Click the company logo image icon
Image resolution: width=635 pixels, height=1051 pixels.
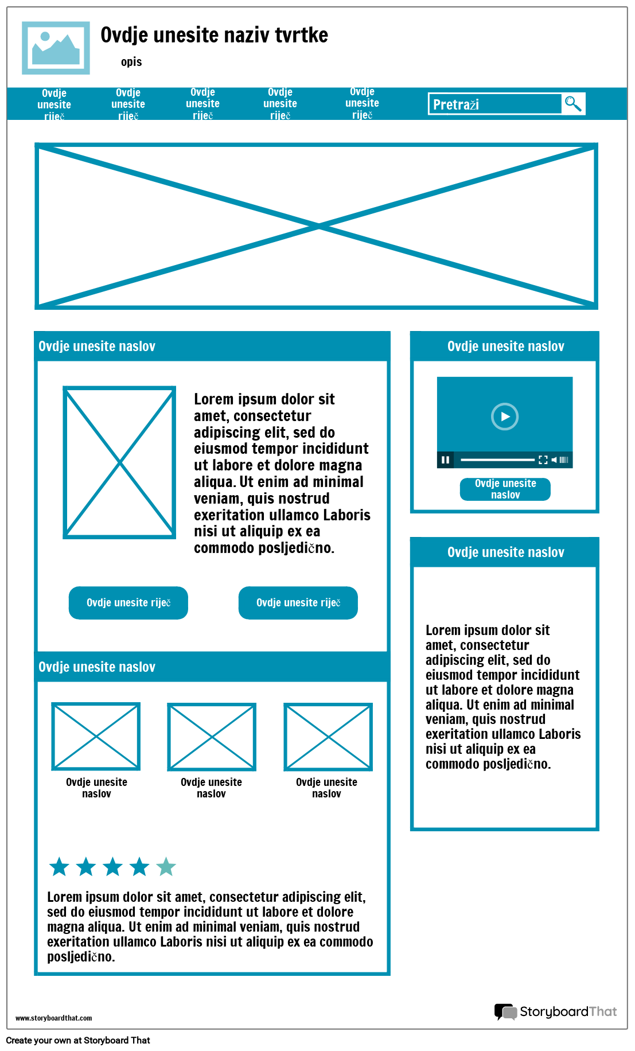coord(56,48)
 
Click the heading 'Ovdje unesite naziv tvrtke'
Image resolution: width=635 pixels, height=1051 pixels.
coord(214,36)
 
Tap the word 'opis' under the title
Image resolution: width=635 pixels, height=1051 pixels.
coord(131,62)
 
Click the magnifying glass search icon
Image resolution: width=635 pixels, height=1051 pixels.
coord(573,104)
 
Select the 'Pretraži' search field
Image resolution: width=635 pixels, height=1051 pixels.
coord(494,104)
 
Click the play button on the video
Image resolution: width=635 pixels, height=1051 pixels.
coord(505,416)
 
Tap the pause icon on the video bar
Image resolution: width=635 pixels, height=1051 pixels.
coord(445,460)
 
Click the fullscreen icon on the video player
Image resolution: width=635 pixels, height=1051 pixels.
coord(543,460)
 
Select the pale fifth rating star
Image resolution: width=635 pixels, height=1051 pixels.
coord(166,867)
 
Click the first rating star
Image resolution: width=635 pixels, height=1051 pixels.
coord(59,867)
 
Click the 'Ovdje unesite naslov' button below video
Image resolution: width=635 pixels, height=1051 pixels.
coord(505,489)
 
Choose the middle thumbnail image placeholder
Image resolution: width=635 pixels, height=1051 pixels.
coord(212,737)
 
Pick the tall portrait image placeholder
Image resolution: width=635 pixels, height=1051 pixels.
coord(119,462)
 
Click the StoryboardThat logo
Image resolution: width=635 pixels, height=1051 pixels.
coord(555,1011)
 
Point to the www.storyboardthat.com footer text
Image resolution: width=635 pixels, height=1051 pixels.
coord(53,1018)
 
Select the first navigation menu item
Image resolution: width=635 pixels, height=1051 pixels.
coord(54,104)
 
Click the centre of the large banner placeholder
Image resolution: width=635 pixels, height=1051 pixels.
coord(316,226)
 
